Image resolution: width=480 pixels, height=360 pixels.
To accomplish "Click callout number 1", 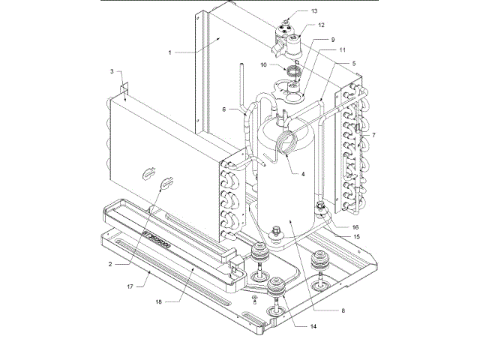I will [x=171, y=53].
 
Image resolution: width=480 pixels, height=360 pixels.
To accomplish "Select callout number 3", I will [x=111, y=72].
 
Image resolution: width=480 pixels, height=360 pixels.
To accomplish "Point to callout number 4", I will [x=302, y=174].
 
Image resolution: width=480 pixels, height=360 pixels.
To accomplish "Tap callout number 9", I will [x=333, y=38].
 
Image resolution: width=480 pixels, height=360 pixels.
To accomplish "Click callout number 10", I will [x=264, y=66].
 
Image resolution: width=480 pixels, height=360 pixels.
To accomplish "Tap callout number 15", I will [x=356, y=236].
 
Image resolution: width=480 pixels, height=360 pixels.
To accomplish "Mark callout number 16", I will [x=356, y=224].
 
